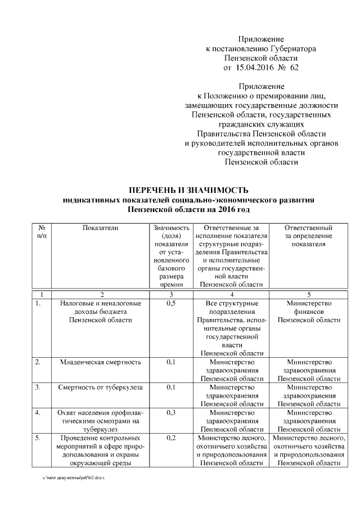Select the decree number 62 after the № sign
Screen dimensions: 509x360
click(x=294, y=68)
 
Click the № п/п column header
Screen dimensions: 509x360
click(x=41, y=232)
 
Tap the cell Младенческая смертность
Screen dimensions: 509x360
click(x=101, y=362)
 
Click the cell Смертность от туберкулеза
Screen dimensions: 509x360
click(x=101, y=388)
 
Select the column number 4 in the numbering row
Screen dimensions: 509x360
click(x=231, y=294)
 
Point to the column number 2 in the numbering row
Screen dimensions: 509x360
click(x=101, y=294)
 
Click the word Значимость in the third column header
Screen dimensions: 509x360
click(x=172, y=228)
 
